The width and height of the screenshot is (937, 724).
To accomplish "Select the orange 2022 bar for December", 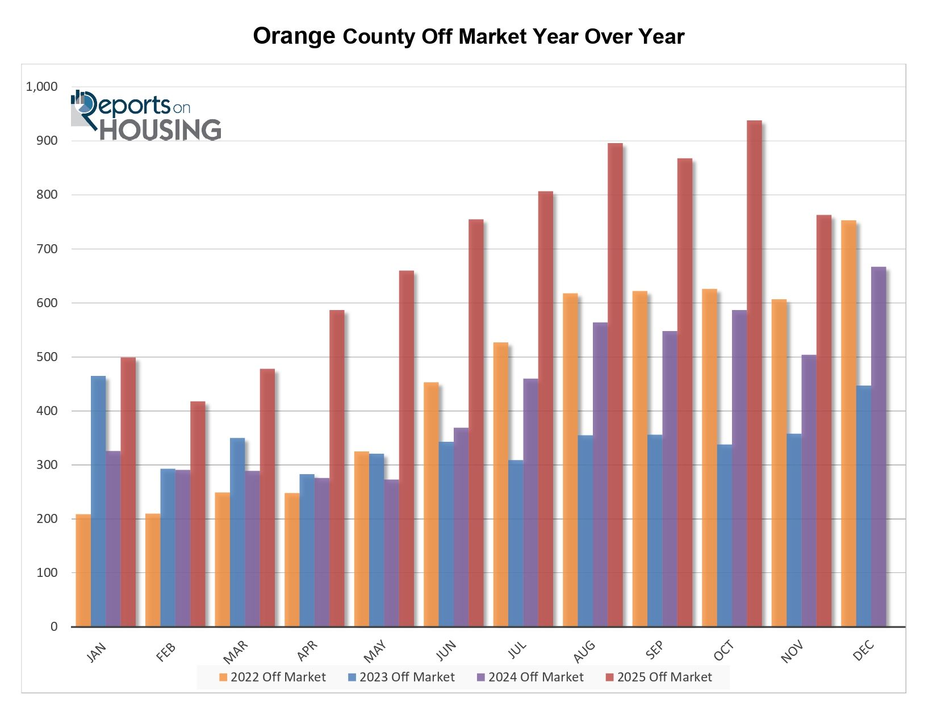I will click(x=848, y=424).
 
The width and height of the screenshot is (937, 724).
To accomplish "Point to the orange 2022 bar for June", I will click(x=431, y=505).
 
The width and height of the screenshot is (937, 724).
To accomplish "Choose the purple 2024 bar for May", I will click(x=391, y=553).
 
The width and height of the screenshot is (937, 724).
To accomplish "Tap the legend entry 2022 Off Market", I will click(x=272, y=677).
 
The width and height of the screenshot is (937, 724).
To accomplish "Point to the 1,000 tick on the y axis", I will click(x=41, y=87).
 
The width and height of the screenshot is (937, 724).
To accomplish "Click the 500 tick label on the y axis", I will click(x=47, y=357).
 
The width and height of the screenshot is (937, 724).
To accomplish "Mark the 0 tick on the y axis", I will click(x=54, y=627).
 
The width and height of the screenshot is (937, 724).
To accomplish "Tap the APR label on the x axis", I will click(x=307, y=651).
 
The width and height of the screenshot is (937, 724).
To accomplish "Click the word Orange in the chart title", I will click(x=294, y=36).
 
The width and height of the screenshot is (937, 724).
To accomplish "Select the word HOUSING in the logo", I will click(x=161, y=130).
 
